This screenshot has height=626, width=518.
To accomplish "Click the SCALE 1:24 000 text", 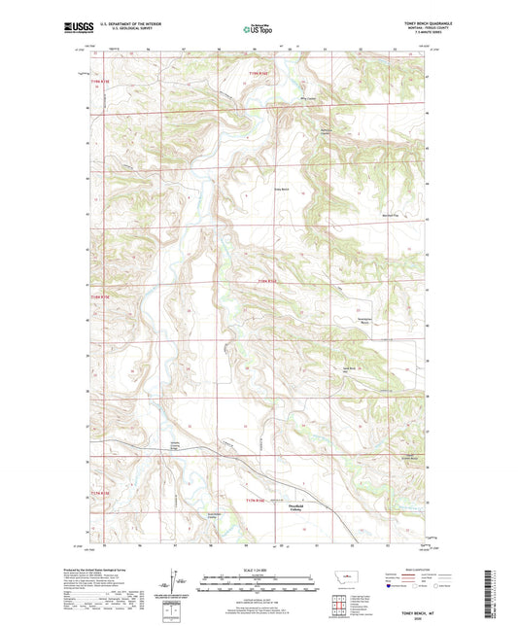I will tap(259, 570).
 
